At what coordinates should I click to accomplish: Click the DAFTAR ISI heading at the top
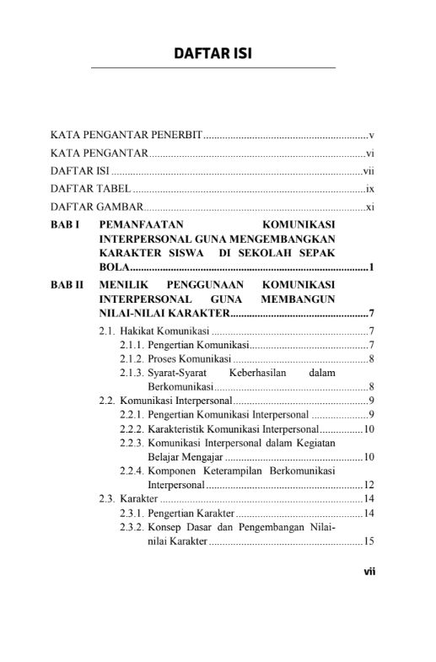pos(213,54)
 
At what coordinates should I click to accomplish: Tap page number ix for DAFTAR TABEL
pos(369,188)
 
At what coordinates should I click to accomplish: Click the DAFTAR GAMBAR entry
pos(95,207)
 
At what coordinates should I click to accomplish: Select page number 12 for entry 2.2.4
pos(369,485)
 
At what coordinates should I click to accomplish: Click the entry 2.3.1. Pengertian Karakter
pos(190,514)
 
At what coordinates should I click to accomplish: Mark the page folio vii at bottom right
pos(369,570)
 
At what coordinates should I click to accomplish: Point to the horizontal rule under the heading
pos(213,67)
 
